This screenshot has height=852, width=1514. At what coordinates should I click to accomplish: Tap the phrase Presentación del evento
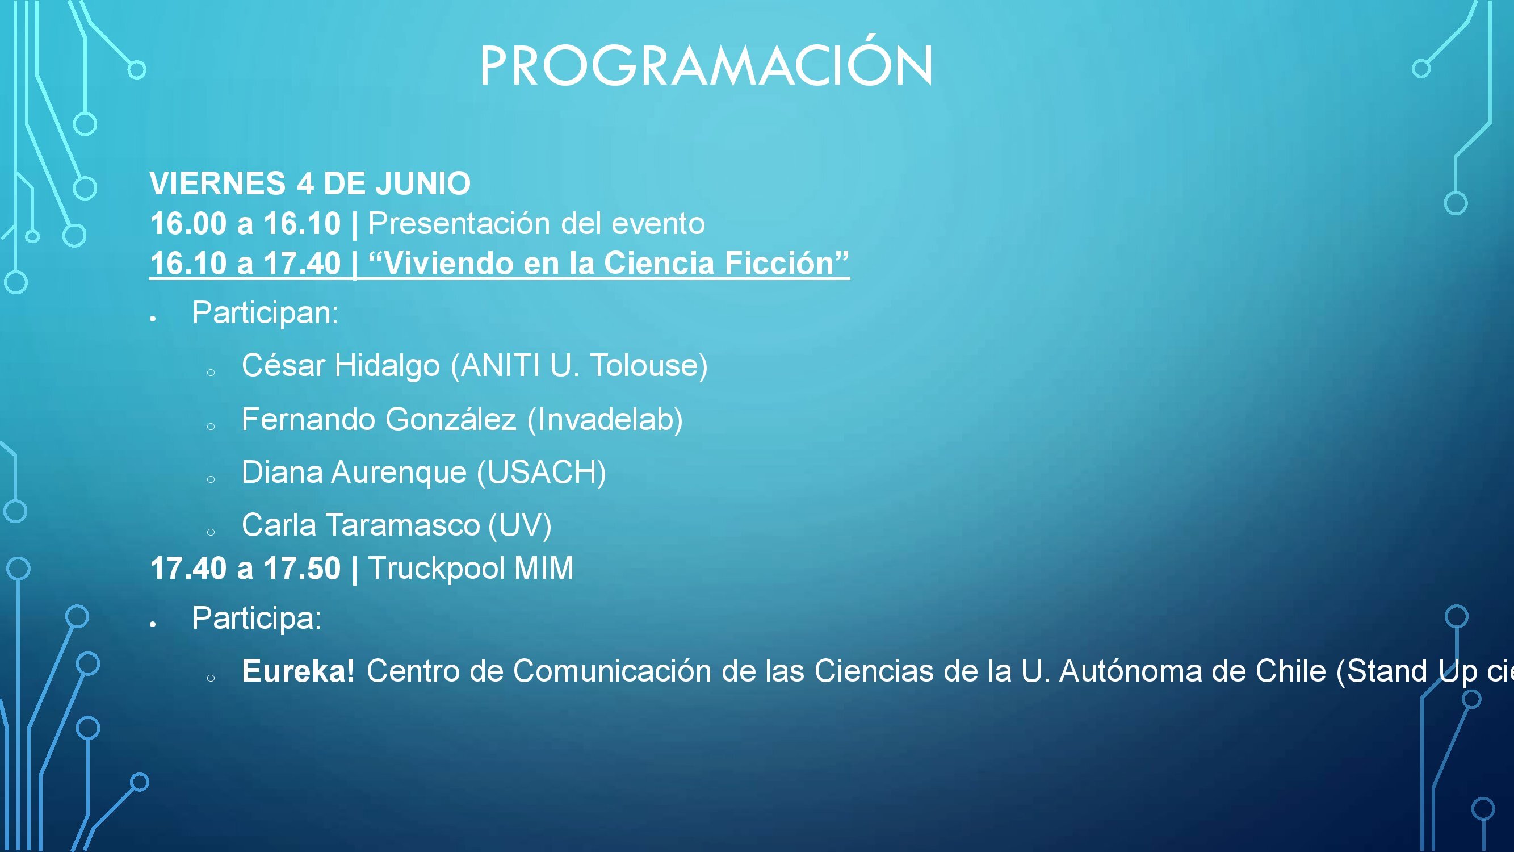[536, 223]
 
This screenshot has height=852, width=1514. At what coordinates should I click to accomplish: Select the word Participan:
[266, 313]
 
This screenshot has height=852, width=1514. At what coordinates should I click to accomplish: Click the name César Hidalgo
[341, 365]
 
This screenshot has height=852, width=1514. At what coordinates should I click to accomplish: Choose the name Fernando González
[379, 419]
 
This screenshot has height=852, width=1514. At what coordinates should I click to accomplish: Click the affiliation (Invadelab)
[605, 420]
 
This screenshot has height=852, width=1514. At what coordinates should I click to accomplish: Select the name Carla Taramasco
[361, 525]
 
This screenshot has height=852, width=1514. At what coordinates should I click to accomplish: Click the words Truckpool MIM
[471, 569]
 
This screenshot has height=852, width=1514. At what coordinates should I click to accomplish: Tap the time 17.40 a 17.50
[245, 569]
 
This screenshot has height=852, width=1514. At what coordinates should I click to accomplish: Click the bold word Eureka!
[299, 671]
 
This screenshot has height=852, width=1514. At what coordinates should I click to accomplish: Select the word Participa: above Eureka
[257, 619]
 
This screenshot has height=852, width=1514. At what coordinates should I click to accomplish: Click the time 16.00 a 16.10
[245, 223]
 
